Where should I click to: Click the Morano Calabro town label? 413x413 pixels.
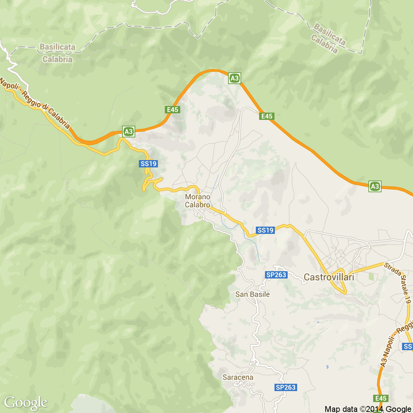pos(197,201)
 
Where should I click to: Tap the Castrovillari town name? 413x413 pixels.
pos(329,277)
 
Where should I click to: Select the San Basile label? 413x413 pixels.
pos(253,294)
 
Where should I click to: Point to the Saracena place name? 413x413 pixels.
pos(238,377)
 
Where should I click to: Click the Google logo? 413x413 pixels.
pos(26,402)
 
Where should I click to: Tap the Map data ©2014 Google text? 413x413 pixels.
pos(368,409)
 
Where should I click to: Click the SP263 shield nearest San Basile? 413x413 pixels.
pos(276,275)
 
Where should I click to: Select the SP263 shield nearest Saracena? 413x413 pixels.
pos(286,387)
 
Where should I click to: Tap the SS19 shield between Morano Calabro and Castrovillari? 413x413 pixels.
pos(266,230)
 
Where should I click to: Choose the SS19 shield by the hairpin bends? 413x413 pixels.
pos(148,164)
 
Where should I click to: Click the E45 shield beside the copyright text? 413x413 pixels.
pos(381,398)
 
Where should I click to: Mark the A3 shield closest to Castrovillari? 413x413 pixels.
pos(375,186)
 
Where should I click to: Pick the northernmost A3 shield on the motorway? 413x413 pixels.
pos(235,78)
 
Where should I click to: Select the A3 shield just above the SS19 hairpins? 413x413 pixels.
pos(129,132)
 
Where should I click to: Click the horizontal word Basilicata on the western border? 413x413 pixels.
pos(57,47)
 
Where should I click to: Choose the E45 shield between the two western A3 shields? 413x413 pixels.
pos(173,110)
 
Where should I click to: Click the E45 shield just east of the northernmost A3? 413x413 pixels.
pos(267,116)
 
